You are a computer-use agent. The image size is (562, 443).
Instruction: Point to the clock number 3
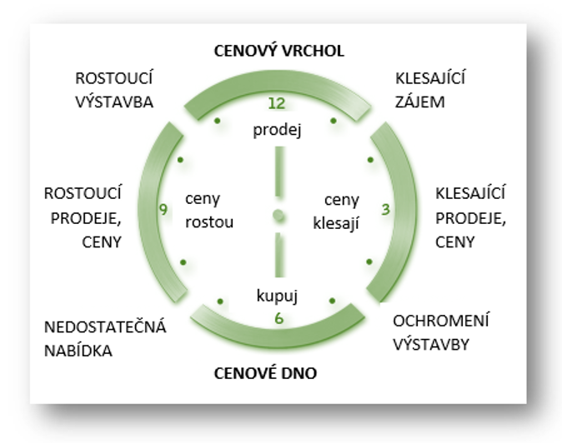point(385,211)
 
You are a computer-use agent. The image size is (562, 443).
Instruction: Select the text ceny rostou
point(210,212)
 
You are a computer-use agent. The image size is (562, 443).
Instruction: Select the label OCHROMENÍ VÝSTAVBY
point(441,331)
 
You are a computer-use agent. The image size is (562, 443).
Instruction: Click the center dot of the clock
point(278,218)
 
